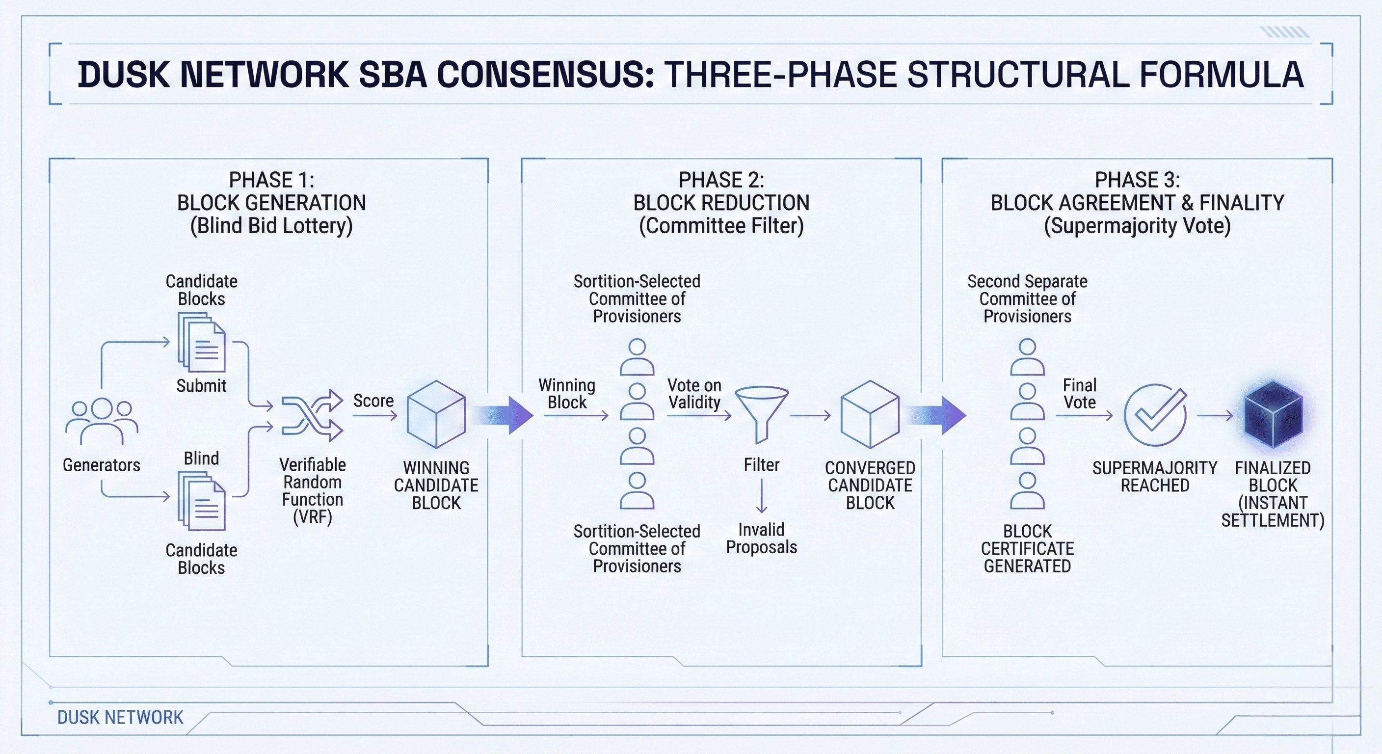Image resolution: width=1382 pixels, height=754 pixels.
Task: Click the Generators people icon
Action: pos(102,421)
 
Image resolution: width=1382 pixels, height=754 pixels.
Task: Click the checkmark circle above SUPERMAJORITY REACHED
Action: pos(1155,415)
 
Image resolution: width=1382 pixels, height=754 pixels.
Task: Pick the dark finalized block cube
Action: pos(1273,415)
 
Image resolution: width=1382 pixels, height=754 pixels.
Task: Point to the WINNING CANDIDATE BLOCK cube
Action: pos(436,414)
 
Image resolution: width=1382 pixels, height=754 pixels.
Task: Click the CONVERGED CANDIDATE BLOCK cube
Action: pos(870,414)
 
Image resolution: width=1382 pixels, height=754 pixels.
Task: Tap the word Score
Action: pos(373,401)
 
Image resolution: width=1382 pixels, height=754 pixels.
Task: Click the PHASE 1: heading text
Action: pos(271,179)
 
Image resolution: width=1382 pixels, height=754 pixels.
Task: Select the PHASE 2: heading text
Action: pos(721,179)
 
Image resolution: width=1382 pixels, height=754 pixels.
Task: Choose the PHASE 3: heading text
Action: pos(1138,179)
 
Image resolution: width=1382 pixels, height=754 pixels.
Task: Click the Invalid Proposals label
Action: pos(761,539)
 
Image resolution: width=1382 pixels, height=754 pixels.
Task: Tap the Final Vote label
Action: pos(1079,393)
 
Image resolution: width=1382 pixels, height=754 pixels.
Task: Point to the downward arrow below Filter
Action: pos(761,496)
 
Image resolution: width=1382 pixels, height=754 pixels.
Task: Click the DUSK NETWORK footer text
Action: pos(120,718)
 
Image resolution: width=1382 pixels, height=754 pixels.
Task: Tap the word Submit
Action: pos(201,385)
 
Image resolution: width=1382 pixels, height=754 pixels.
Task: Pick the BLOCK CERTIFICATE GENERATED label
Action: pos(1027,548)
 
